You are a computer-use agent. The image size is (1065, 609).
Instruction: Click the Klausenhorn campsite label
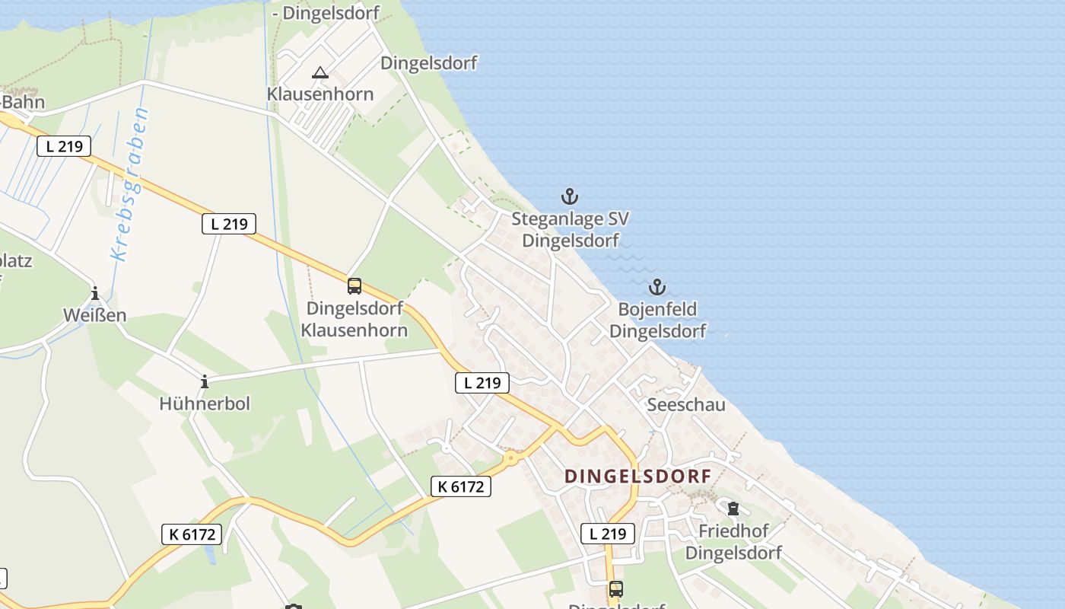[x=319, y=94]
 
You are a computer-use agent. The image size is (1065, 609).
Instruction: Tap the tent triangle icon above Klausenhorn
[x=319, y=73]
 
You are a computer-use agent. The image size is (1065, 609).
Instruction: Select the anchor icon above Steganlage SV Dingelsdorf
[x=569, y=197]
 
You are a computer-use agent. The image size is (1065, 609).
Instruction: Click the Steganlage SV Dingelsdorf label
[x=570, y=230]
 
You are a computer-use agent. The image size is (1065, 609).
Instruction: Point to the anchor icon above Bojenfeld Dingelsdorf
[x=656, y=287]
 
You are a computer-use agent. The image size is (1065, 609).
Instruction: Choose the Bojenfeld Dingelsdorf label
[x=657, y=320]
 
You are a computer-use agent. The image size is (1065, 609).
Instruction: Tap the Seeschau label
[x=686, y=404]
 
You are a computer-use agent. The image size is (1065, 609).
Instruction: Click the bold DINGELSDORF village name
[x=637, y=477]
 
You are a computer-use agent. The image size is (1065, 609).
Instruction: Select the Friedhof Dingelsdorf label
[x=733, y=541]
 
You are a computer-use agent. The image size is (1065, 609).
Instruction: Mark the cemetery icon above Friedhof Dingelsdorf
[x=733, y=508]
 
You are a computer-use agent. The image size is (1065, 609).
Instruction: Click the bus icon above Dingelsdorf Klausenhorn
[x=354, y=286]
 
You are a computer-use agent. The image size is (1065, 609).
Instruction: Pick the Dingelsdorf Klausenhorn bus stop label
[x=354, y=319]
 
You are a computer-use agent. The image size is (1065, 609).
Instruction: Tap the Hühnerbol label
[x=205, y=403]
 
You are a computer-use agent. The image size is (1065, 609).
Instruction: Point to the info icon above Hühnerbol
[x=204, y=381]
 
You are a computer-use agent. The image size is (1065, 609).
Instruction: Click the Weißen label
[x=95, y=314]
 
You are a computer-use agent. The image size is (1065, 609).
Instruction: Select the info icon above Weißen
[x=95, y=293]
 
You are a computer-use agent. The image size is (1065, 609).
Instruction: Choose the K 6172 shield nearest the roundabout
[x=461, y=486]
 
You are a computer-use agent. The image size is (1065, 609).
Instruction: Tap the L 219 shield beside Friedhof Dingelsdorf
[x=608, y=534]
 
